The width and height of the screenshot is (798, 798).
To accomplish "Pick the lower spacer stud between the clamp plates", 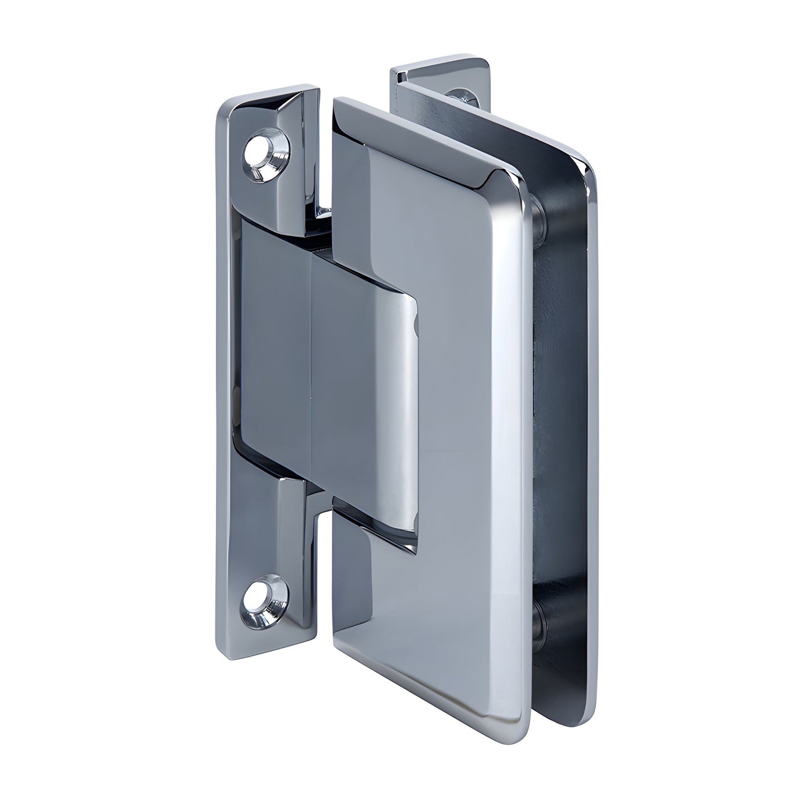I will [x=540, y=622].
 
